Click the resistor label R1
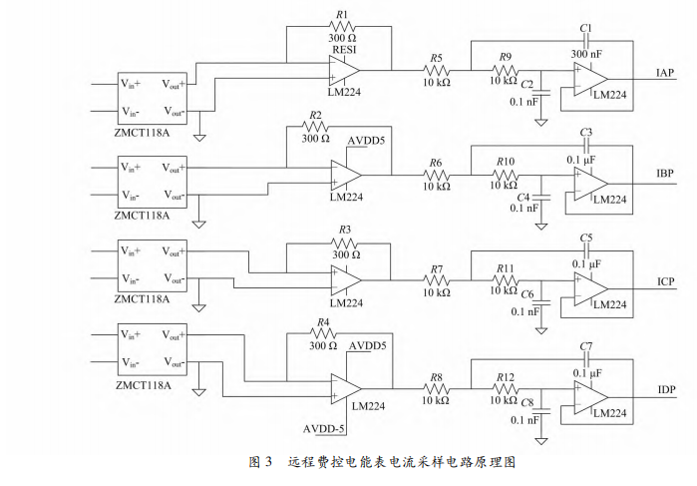coord(341,14)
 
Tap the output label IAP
coord(666,74)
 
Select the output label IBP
coord(666,174)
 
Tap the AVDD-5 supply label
coord(323,428)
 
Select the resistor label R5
coord(436,59)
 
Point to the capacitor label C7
coord(585,345)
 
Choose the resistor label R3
coord(346,230)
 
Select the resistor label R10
coord(507,161)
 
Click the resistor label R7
coord(436,270)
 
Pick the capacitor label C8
coord(526,402)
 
